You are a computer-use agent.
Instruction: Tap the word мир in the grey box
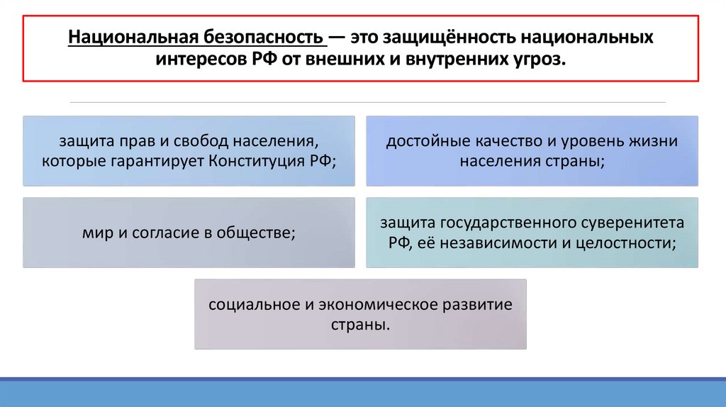pos(95,232)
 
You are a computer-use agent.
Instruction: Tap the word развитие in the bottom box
pos(477,304)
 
